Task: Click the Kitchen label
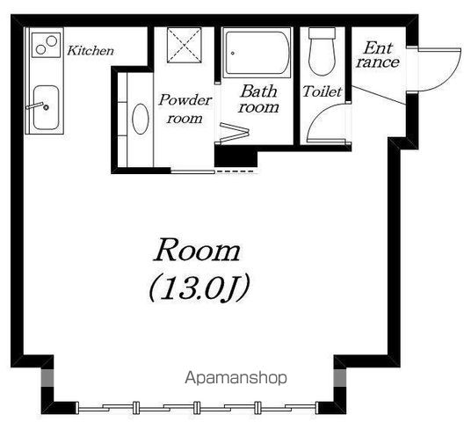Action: click(x=91, y=50)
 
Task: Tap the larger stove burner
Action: click(x=52, y=40)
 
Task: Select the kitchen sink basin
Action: click(x=46, y=107)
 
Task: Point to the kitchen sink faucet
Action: click(x=37, y=105)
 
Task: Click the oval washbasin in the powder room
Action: click(x=141, y=119)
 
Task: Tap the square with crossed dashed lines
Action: click(x=185, y=45)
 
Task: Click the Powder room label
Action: click(x=185, y=109)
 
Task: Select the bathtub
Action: click(x=257, y=53)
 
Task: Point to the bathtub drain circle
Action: click(x=233, y=54)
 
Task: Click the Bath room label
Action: click(x=258, y=98)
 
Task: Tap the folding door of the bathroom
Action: click(x=235, y=132)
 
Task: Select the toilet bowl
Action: click(x=322, y=57)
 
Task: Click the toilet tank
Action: click(x=322, y=33)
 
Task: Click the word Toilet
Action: click(x=322, y=91)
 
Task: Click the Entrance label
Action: click(x=378, y=55)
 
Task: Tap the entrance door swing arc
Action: click(x=451, y=77)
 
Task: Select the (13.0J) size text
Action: click(x=199, y=288)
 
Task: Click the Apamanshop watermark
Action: click(x=235, y=378)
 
